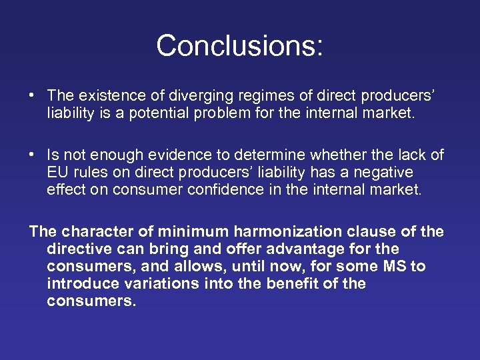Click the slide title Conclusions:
coord(239,45)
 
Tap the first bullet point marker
coord(33,96)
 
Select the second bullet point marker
coord(33,155)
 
